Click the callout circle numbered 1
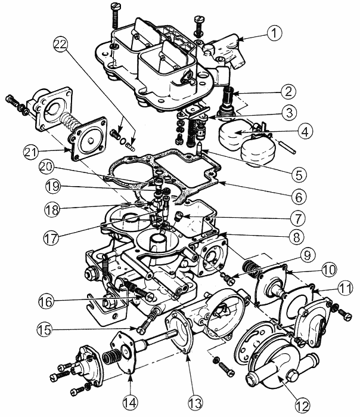click(x=274, y=33)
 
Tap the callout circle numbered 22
click(x=61, y=44)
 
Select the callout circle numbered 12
click(x=303, y=406)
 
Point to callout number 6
click(x=299, y=196)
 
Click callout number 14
click(x=130, y=403)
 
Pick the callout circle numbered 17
click(x=52, y=237)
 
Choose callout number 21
click(x=31, y=152)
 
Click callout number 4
click(x=305, y=131)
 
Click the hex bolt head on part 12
click(x=292, y=376)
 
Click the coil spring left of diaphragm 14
click(x=109, y=357)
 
